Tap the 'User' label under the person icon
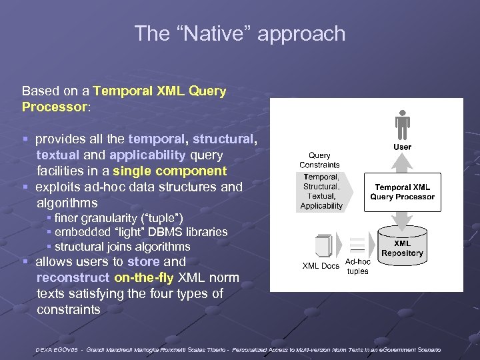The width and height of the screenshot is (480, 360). click(402, 147)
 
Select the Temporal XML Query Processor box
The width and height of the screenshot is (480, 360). click(402, 192)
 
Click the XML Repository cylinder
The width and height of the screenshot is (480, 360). click(402, 247)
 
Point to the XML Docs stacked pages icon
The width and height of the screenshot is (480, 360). click(323, 246)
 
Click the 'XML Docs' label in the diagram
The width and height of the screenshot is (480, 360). click(321, 266)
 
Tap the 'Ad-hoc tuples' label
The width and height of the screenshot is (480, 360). click(358, 267)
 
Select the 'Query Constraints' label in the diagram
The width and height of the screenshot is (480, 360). click(319, 160)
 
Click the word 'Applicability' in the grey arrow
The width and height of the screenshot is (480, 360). click(321, 206)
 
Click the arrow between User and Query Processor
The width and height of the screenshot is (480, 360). click(402, 163)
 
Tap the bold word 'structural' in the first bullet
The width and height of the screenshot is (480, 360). click(223, 139)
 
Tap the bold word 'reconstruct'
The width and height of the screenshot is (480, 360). click(73, 277)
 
